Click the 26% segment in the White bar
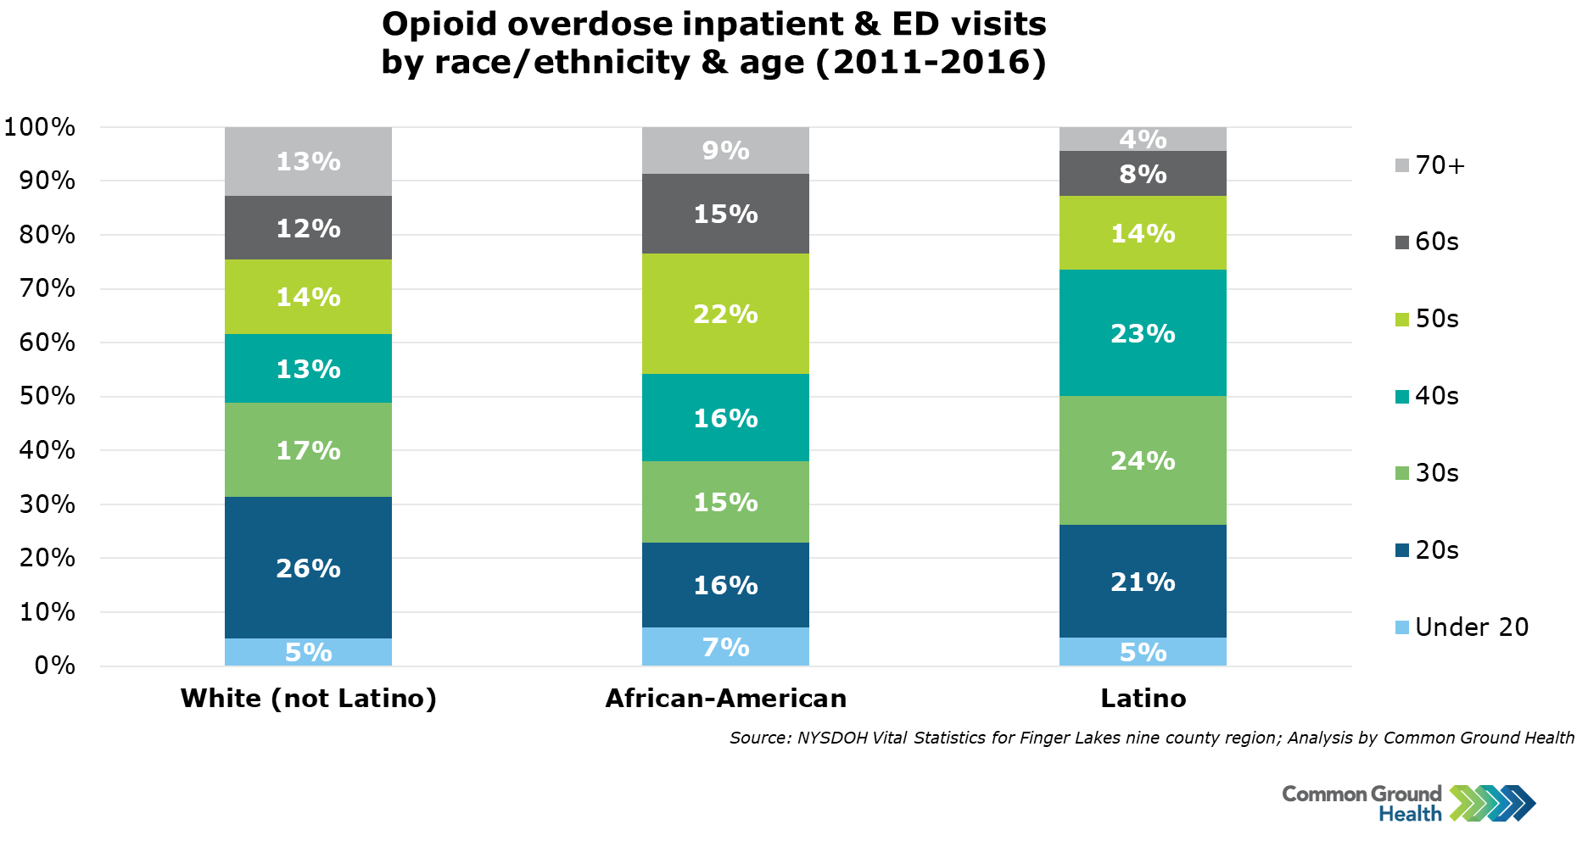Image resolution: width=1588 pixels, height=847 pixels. (x=308, y=568)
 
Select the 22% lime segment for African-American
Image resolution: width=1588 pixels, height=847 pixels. (x=725, y=314)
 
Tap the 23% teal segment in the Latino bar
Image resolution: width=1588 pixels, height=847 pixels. (x=1143, y=333)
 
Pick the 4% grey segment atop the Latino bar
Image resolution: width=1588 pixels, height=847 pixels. (x=1143, y=139)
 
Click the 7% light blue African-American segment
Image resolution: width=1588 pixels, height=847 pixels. (x=725, y=647)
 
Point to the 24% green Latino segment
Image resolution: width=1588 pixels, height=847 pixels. (x=1143, y=460)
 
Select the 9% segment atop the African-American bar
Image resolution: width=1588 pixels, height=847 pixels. (x=725, y=150)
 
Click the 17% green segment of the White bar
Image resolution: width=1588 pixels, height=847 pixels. (x=308, y=450)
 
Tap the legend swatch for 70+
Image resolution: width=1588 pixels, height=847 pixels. (x=1401, y=165)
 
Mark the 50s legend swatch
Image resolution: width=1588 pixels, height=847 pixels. (x=1401, y=320)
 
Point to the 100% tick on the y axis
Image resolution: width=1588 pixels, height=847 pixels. (x=40, y=127)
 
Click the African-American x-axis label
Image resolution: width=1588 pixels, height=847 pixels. (x=725, y=699)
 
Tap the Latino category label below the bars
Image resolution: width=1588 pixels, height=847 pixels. (x=1143, y=699)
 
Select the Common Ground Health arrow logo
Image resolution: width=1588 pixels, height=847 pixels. (x=1492, y=803)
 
